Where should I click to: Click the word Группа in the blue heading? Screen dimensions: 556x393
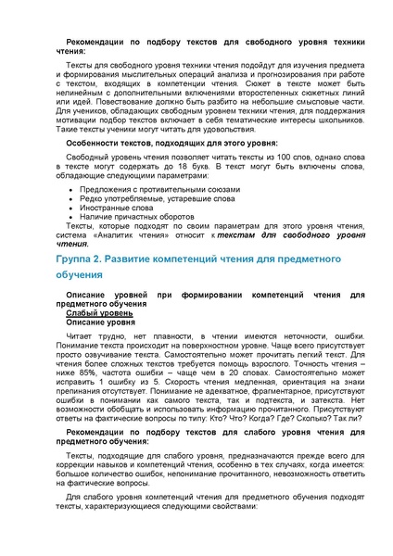[73, 264]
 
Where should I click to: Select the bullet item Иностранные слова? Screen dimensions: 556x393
[109, 208]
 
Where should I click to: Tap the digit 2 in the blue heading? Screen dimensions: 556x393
[104, 264]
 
